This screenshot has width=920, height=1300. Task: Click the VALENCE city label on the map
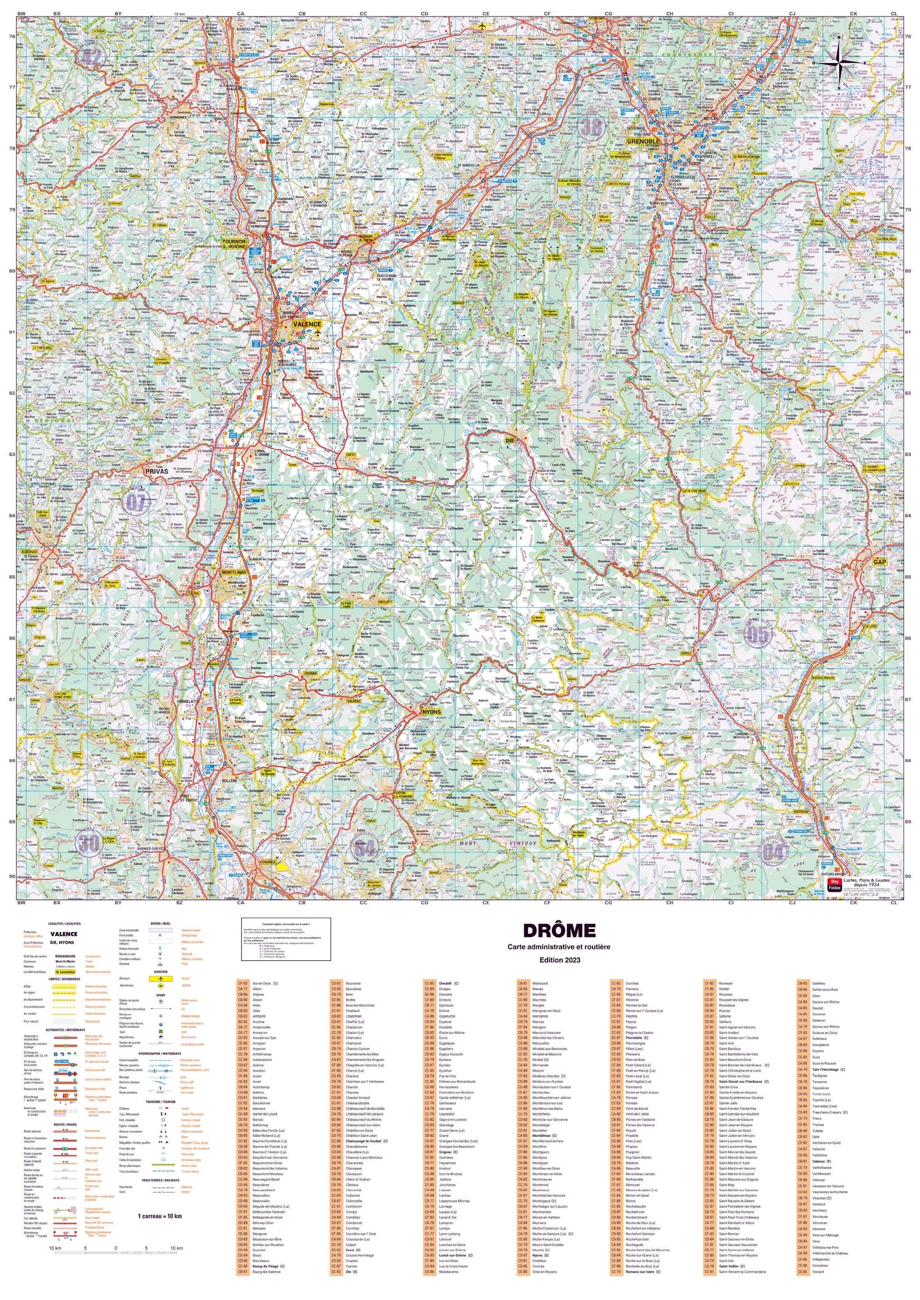pyautogui.click(x=307, y=324)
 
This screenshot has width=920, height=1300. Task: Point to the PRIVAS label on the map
pyautogui.click(x=156, y=471)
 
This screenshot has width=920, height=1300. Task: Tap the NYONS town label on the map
pyautogui.click(x=431, y=712)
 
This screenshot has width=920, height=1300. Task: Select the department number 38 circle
pyautogui.click(x=591, y=128)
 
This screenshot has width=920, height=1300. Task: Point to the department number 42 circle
pyautogui.click(x=90, y=58)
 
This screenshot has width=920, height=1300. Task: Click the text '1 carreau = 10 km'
pyautogui.click(x=159, y=1215)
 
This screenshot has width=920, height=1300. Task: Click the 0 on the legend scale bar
pyautogui.click(x=115, y=1248)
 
